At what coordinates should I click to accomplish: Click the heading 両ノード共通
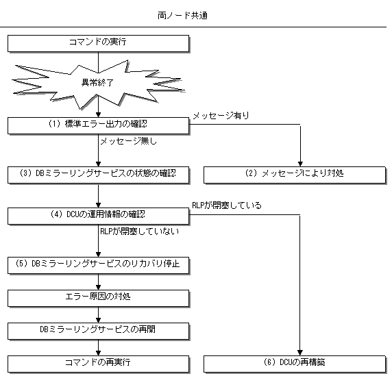(x=182, y=16)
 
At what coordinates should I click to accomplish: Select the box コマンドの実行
(x=98, y=43)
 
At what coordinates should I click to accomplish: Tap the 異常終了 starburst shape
(x=98, y=84)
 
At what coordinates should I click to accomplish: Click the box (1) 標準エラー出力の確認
(x=98, y=125)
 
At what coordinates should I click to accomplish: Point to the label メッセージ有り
(x=221, y=116)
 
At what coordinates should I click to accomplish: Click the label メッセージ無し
(x=129, y=141)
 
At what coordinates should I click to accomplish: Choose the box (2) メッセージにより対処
(x=295, y=175)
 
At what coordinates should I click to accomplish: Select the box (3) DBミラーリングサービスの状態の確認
(x=98, y=175)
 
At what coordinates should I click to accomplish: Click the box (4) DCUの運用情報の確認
(x=98, y=216)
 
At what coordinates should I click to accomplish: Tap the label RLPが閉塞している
(x=227, y=205)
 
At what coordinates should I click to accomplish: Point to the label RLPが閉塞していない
(x=140, y=231)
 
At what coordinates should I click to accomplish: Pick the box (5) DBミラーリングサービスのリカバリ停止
(x=98, y=265)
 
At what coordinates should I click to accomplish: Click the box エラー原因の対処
(x=98, y=299)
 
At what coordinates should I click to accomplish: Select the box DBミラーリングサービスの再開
(x=98, y=331)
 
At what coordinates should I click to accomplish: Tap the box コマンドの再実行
(x=98, y=364)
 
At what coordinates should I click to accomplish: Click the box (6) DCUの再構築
(x=295, y=364)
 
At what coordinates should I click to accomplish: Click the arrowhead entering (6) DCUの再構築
(x=300, y=353)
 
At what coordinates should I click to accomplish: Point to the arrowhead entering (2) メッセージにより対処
(x=300, y=164)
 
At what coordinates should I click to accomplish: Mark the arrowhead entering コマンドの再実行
(x=98, y=353)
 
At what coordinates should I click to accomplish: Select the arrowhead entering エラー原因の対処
(x=98, y=287)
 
